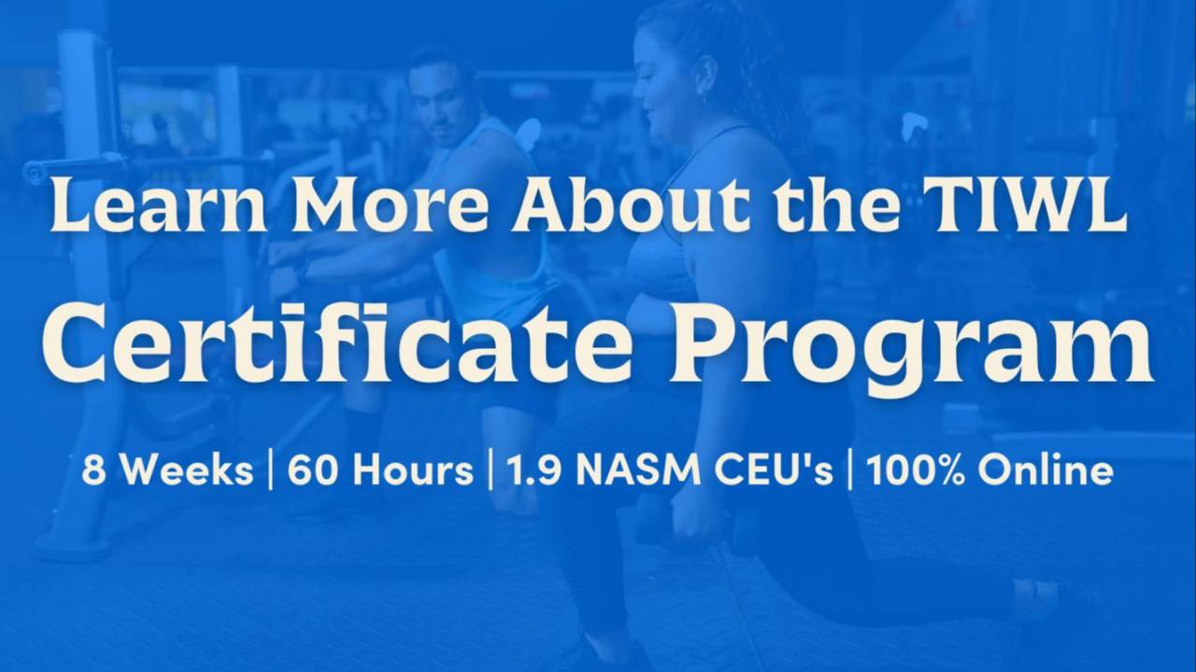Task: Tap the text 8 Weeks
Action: (167, 470)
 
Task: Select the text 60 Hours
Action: (380, 470)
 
